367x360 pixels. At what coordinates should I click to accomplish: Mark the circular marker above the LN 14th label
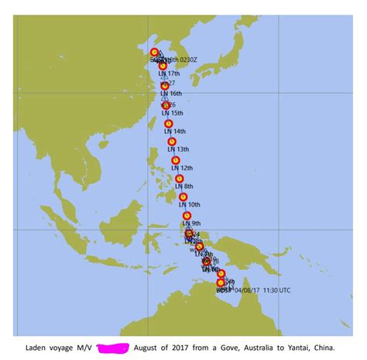168,124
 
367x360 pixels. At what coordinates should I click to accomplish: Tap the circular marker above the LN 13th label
172,142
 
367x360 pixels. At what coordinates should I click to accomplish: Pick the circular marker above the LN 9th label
187,216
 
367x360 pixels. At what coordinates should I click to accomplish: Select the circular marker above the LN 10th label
183,197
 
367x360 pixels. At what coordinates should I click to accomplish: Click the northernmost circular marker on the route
155,53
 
